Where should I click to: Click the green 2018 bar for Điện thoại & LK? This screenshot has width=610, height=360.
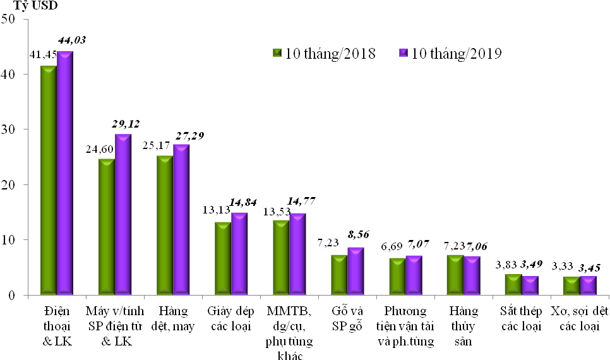click(x=49, y=180)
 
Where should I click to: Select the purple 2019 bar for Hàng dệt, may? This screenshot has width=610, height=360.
click(x=181, y=220)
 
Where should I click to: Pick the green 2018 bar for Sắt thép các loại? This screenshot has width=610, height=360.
click(x=513, y=284)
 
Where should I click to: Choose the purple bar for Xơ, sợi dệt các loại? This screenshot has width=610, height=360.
click(x=588, y=285)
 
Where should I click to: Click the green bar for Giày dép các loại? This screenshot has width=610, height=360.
click(x=223, y=258)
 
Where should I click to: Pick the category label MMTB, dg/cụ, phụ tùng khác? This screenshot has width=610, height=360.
click(x=289, y=333)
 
